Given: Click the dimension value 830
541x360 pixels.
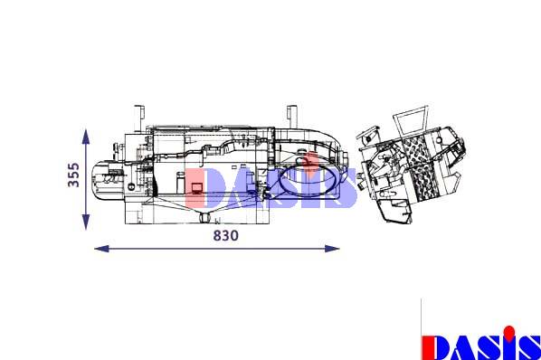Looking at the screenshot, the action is [x=225, y=235].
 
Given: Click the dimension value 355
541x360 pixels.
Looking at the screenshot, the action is [x=73, y=175].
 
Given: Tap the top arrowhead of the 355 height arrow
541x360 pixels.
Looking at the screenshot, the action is [x=86, y=137].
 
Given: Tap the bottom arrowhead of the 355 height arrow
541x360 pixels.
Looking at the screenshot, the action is [x=86, y=222].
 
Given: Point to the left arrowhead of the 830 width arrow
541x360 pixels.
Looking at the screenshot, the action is [x=102, y=248].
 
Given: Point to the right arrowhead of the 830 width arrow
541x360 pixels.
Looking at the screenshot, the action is [x=332, y=248].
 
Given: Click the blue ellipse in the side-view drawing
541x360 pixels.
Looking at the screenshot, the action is [x=308, y=181].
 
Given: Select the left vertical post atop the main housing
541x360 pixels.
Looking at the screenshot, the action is [x=138, y=118].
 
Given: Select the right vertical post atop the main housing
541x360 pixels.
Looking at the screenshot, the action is [x=292, y=116].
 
